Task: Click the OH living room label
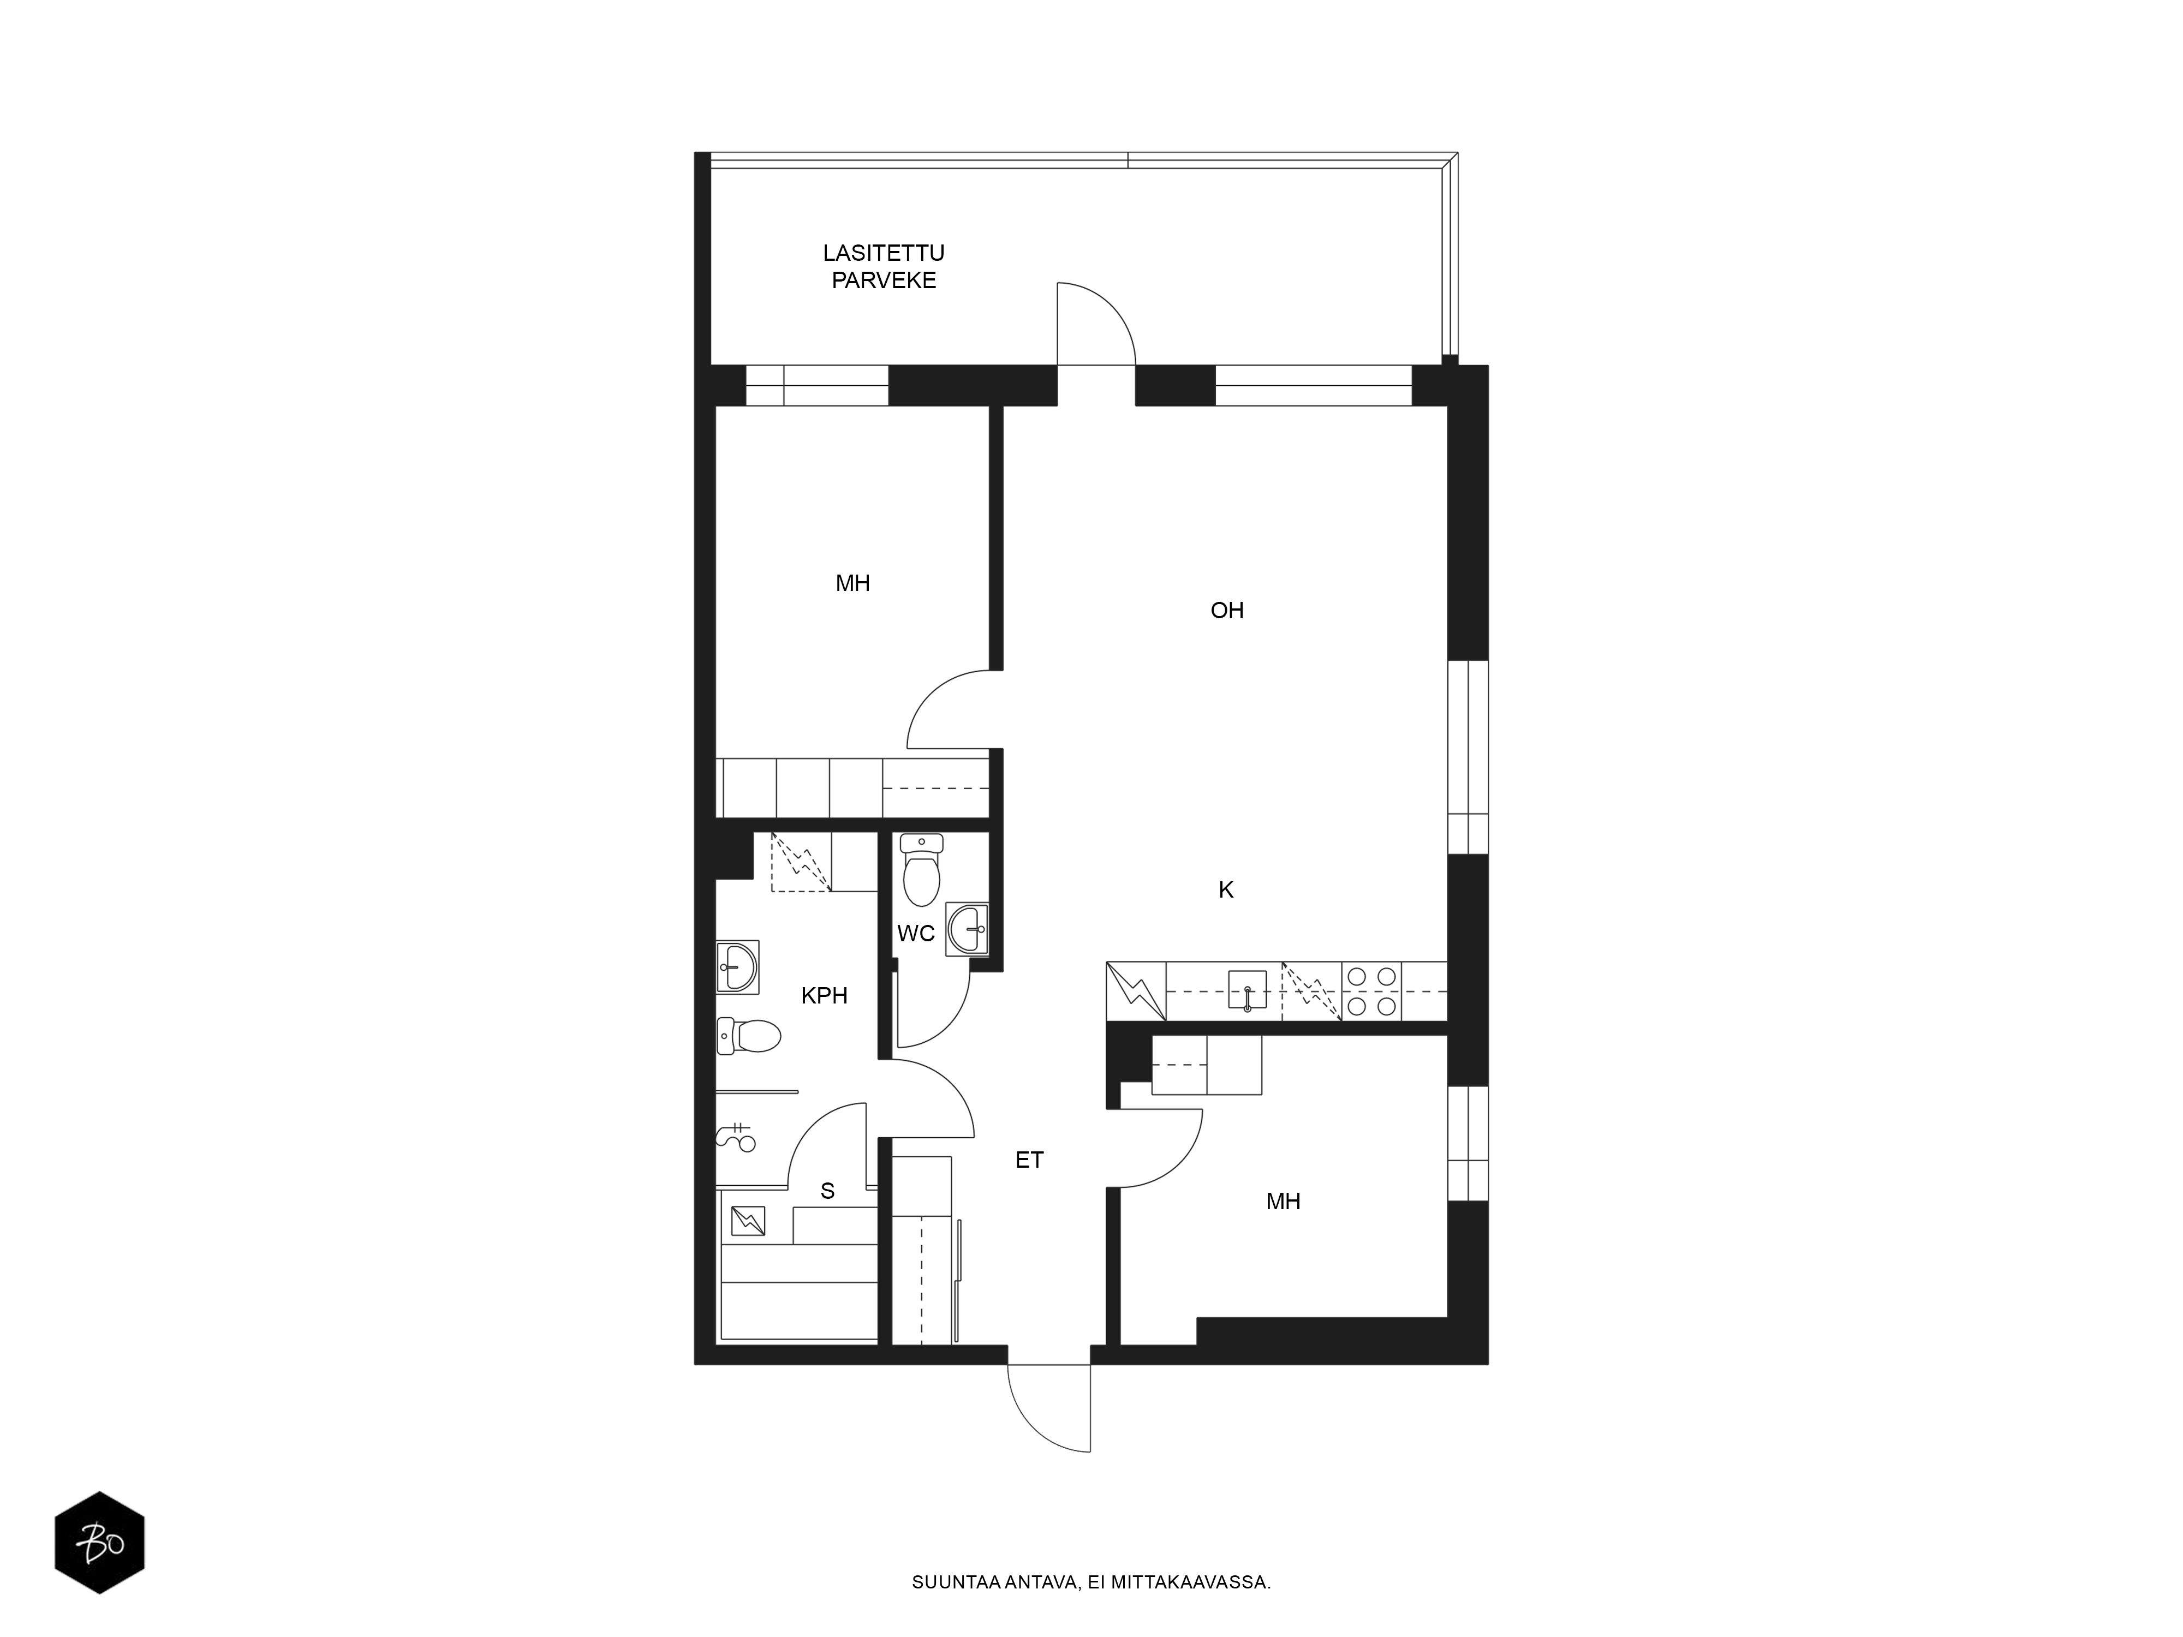click(1227, 611)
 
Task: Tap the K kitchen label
click(1226, 890)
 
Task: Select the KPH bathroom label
click(824, 996)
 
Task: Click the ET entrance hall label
click(1029, 1161)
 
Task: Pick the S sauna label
click(827, 1191)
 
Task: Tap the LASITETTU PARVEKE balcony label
click(883, 266)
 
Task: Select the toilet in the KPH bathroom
click(749, 1036)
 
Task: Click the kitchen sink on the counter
click(1248, 990)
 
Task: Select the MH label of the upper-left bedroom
click(852, 583)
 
